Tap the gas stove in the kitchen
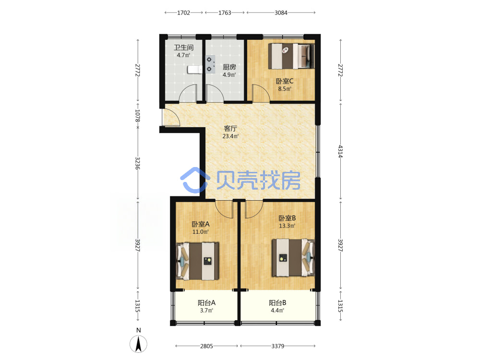point(210,64)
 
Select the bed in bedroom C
point(291,56)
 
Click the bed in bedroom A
point(197,261)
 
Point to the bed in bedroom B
point(293,258)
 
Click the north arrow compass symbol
point(138,343)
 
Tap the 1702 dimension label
point(184,12)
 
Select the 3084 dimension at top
point(281,12)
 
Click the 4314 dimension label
point(340,151)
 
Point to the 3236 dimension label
point(137,163)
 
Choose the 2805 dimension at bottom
point(206,346)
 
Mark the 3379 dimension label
point(277,346)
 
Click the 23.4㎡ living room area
point(230,136)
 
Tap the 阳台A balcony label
point(206,303)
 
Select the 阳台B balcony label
point(277,303)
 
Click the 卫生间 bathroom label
point(184,48)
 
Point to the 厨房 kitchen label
point(229,67)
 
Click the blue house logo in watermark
point(195,180)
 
